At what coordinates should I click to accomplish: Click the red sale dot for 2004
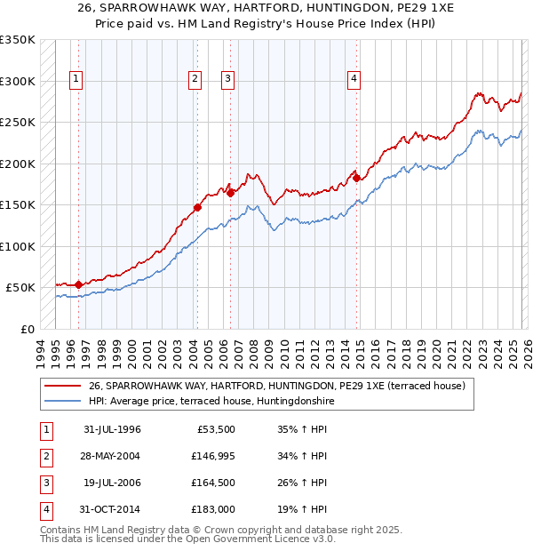197,208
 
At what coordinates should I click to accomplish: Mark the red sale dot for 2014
357,178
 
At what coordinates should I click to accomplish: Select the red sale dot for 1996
79,284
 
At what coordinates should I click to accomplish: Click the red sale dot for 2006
230,192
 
